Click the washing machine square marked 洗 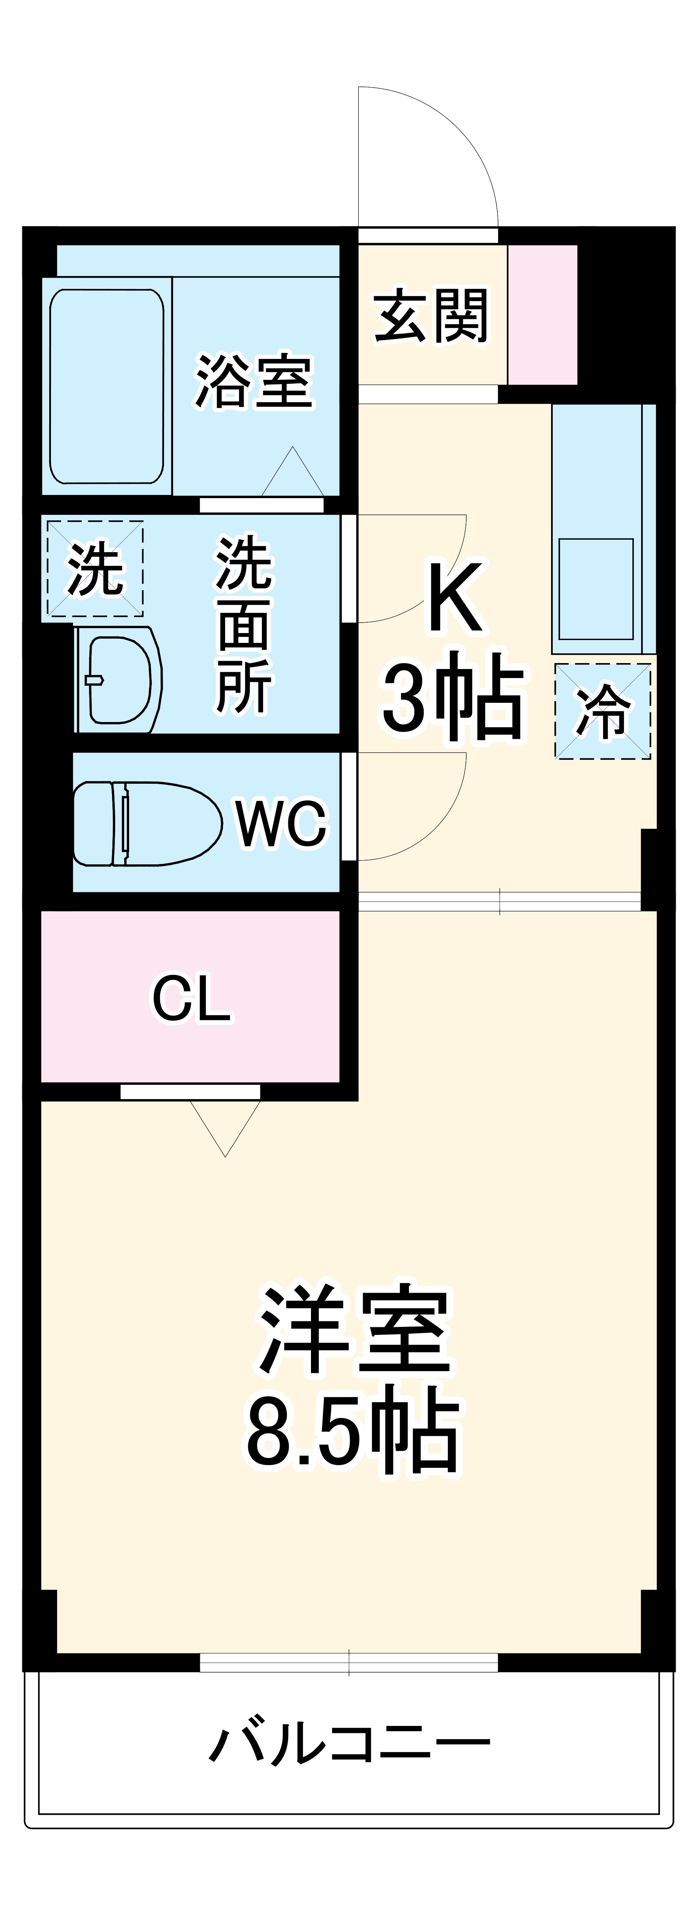95,569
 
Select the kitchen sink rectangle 596,589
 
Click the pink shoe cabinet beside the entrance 542,315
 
